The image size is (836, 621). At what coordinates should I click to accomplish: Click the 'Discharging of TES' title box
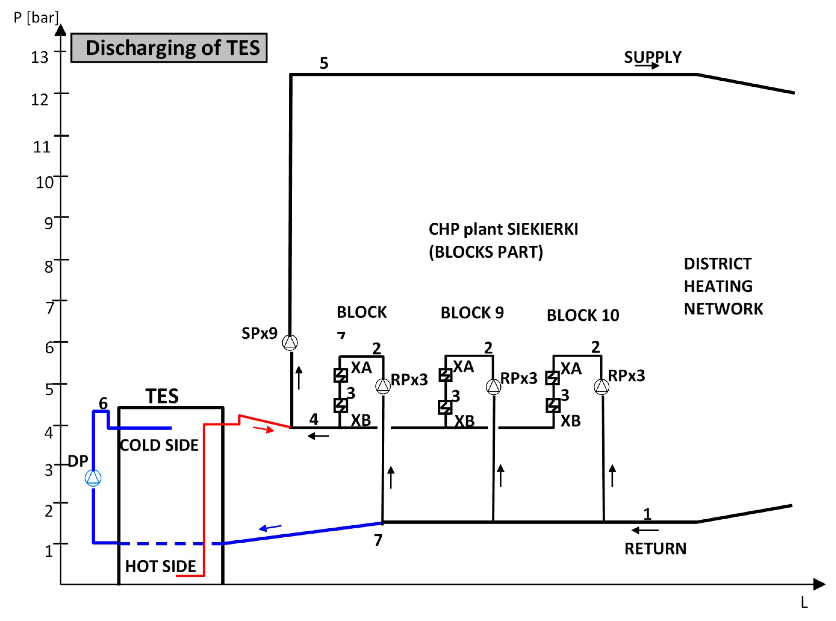point(169,48)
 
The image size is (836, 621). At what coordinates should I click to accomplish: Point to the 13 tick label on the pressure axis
point(39,57)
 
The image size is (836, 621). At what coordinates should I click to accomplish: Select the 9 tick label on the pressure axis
point(48,223)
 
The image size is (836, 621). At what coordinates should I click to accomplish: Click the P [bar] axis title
point(36,17)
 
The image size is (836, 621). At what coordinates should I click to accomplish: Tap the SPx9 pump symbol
point(290,343)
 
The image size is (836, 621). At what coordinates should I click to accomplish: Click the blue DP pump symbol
point(93,478)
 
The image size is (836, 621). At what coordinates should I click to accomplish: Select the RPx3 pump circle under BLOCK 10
point(601,387)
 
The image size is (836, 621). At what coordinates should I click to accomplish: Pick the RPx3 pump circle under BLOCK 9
point(493,387)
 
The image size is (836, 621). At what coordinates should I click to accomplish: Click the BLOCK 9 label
point(472,313)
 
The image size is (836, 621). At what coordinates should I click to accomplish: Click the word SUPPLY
point(653,57)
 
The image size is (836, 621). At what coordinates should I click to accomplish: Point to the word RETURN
point(655,549)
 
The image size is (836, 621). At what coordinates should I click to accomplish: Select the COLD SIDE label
point(159,446)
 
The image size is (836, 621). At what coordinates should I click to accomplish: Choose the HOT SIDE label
point(160,566)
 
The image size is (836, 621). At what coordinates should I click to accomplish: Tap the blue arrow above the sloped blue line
point(270,527)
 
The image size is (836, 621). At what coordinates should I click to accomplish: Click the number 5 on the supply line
point(324,63)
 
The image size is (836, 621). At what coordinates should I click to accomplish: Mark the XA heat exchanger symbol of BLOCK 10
point(552,378)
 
